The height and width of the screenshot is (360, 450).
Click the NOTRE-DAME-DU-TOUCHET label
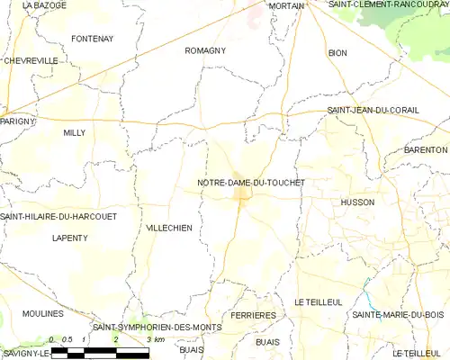(251, 183)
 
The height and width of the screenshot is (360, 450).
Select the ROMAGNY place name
(204, 51)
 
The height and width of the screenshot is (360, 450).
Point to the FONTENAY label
(93, 39)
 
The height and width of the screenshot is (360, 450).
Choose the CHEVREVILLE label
(31, 60)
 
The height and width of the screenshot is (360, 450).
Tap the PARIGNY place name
(17, 121)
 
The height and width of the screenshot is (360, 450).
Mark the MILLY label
(74, 132)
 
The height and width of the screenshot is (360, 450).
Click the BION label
(337, 53)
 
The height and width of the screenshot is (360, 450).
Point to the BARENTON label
(426, 149)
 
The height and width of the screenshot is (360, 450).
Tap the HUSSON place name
(357, 202)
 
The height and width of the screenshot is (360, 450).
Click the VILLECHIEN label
(168, 229)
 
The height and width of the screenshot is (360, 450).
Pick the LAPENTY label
(70, 238)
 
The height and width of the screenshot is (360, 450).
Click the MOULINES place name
(43, 313)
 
